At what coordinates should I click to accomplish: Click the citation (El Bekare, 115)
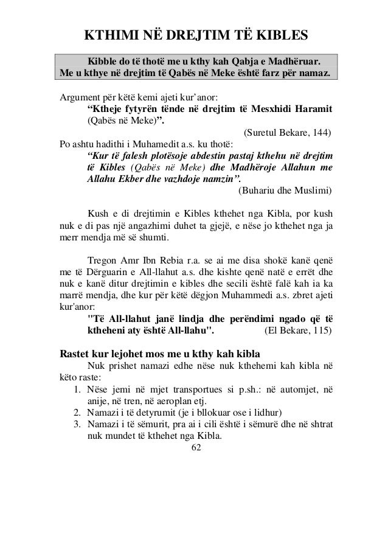click(x=296, y=332)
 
